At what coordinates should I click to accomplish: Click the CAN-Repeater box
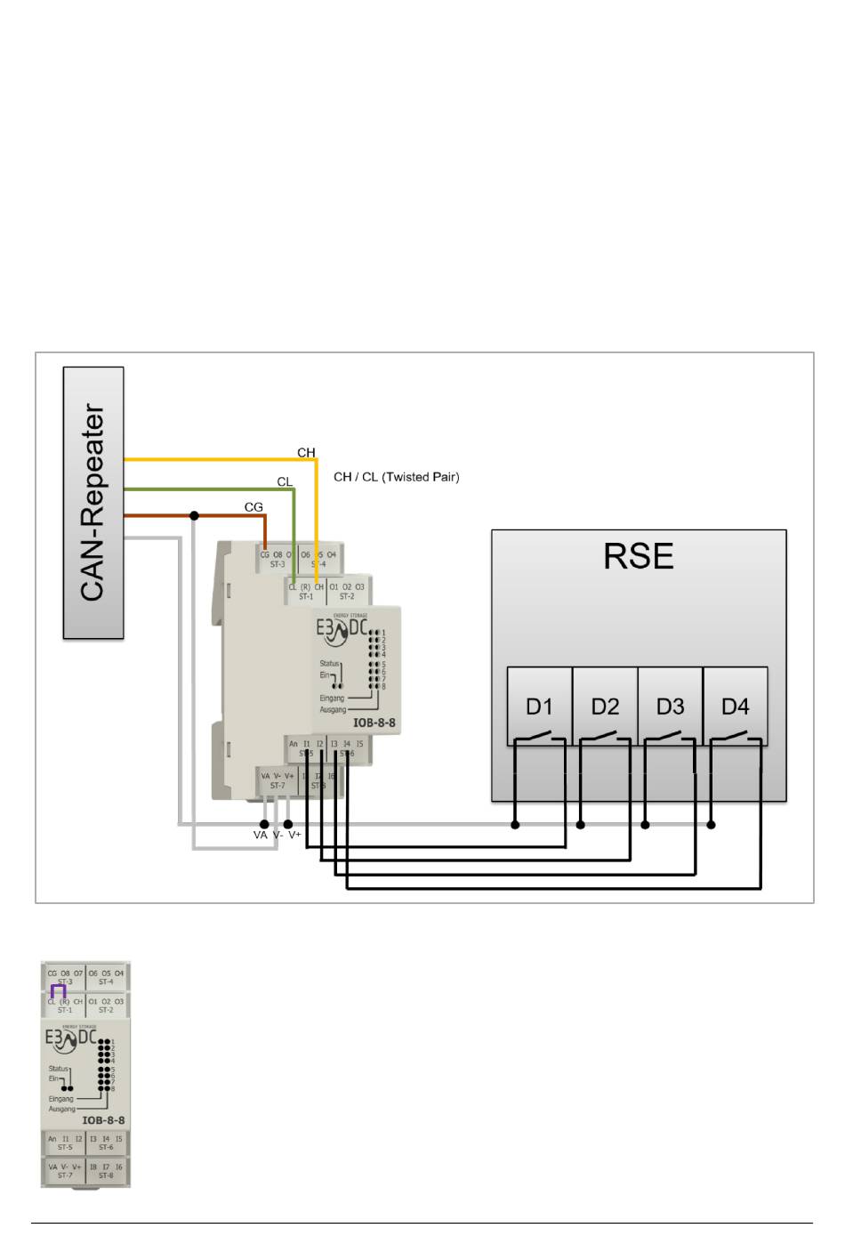tap(93, 503)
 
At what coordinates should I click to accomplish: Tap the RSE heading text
tap(638, 556)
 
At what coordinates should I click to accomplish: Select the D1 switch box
tap(539, 706)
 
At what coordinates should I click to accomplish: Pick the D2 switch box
tap(605, 706)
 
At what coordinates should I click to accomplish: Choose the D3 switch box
tap(670, 706)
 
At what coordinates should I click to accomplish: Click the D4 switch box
tap(736, 706)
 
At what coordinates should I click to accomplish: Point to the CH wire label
tap(306, 453)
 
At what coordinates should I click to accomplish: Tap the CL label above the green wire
tap(285, 481)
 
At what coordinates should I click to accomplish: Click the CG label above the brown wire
tap(253, 507)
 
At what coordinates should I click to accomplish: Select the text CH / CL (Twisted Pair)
tap(396, 477)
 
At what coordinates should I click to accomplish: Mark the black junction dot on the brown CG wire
tap(194, 516)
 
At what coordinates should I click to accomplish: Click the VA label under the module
tap(260, 836)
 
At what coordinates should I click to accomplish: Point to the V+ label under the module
tap(294, 836)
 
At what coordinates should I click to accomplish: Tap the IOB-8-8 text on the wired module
tap(374, 723)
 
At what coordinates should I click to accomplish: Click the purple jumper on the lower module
tap(59, 990)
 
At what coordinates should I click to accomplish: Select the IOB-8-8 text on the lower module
tap(103, 1120)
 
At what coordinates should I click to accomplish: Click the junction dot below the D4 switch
tap(711, 825)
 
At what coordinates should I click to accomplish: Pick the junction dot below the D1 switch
tap(515, 825)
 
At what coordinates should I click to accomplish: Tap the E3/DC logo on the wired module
tap(342, 629)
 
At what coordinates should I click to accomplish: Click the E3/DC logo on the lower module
tap(70, 1038)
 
